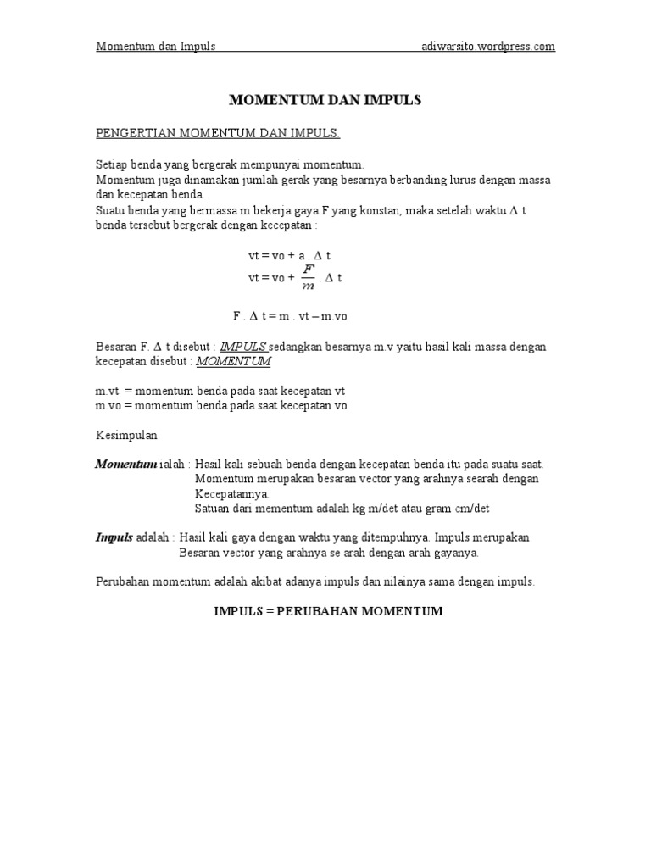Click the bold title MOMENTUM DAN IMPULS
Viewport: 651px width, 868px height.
pos(325,100)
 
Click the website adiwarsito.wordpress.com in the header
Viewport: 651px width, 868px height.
pos(488,47)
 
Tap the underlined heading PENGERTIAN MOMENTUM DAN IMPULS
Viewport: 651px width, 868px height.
pos(218,134)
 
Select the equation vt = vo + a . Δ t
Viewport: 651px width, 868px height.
pos(294,255)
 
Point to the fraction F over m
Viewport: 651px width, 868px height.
pos(309,277)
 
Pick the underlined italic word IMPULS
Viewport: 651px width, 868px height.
pos(243,347)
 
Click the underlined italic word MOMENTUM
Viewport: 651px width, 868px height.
pos(233,361)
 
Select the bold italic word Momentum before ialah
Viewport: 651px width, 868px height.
pos(125,465)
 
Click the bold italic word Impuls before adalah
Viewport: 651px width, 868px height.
pos(114,537)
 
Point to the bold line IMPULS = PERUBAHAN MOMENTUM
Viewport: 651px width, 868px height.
pos(328,611)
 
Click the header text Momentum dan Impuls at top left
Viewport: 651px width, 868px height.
pos(155,47)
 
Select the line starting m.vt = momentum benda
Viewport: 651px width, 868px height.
pos(220,392)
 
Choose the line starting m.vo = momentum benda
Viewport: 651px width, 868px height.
pos(220,406)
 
